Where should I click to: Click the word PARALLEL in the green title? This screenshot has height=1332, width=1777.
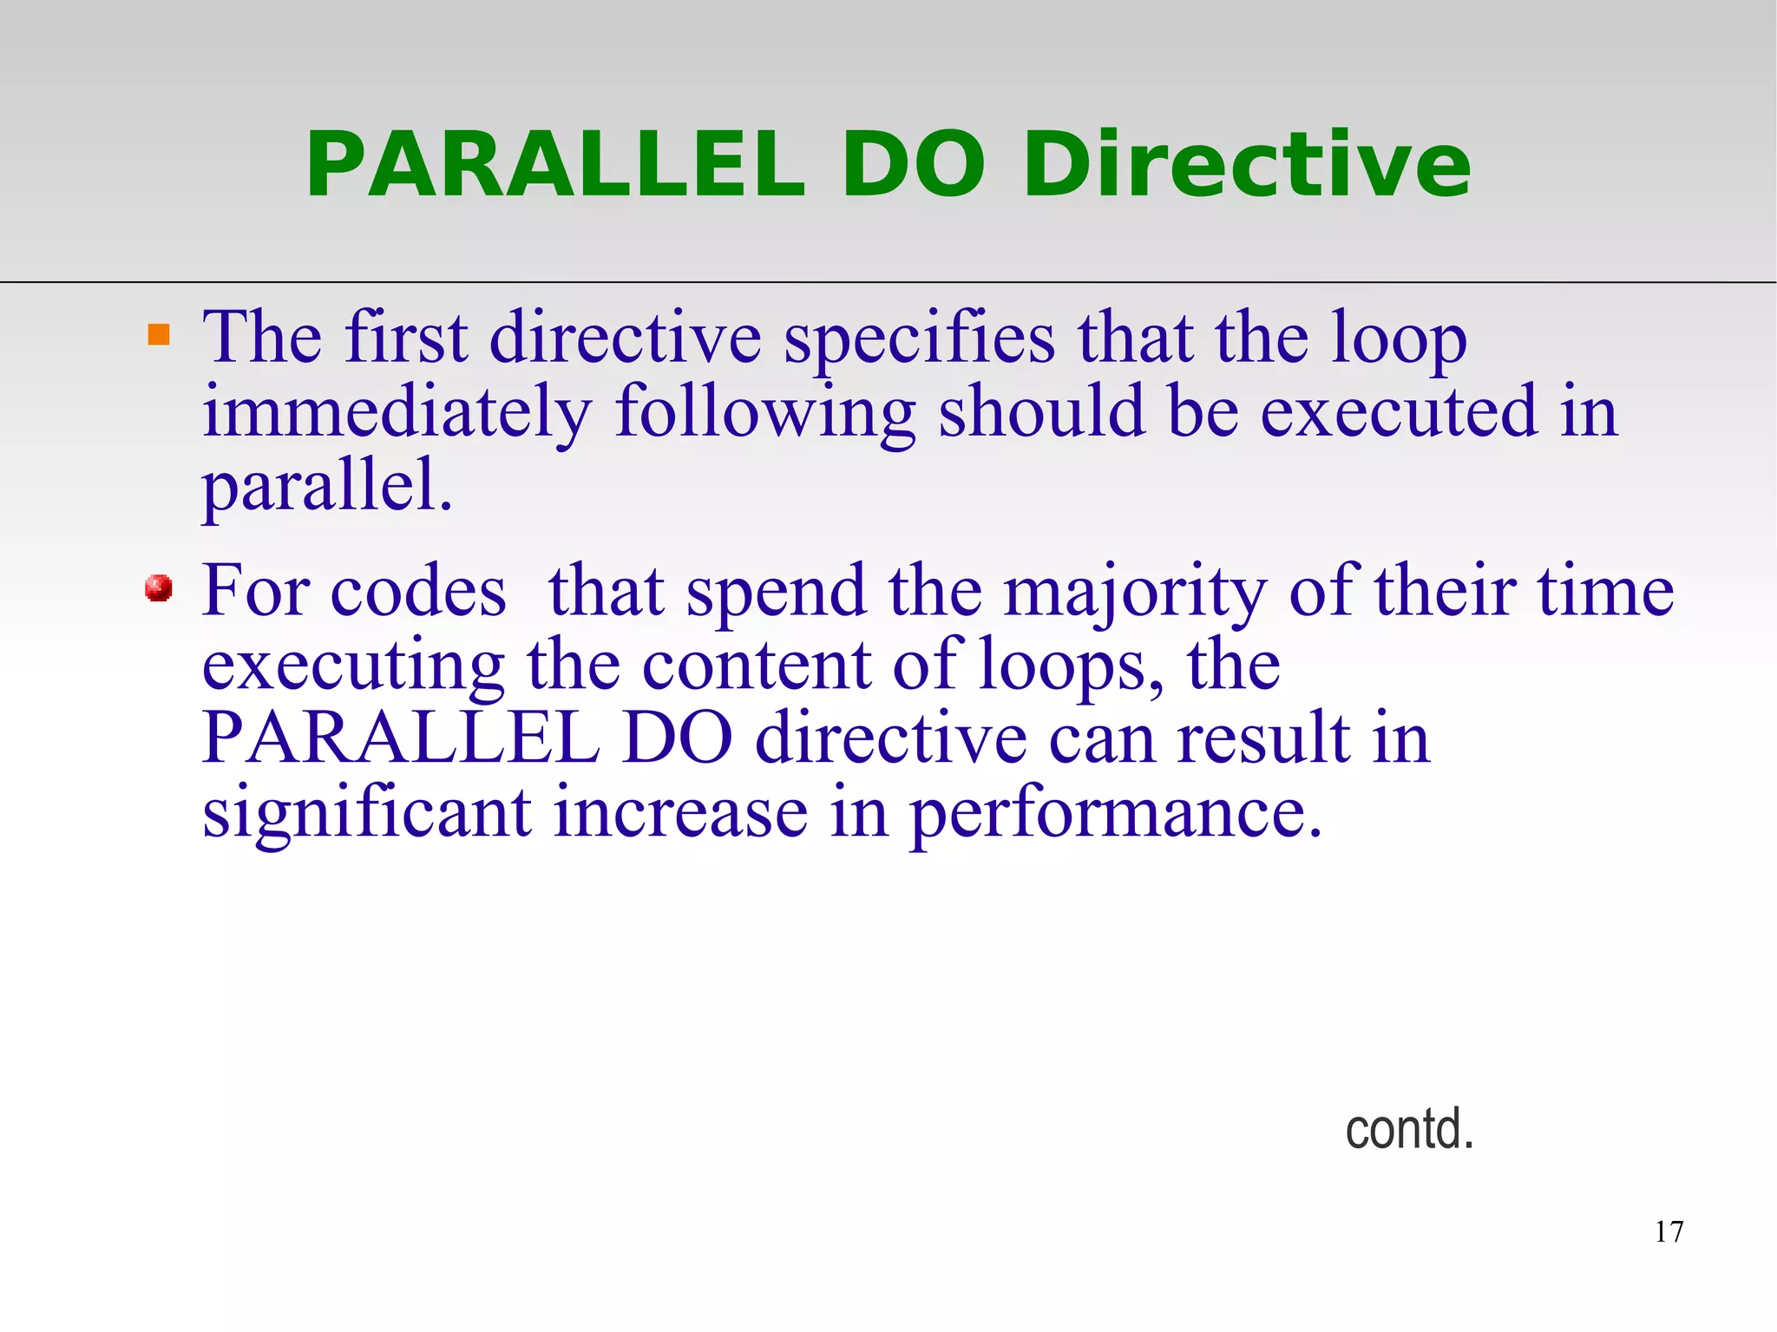pos(555,165)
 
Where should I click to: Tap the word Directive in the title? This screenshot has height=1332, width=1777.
pos(1246,165)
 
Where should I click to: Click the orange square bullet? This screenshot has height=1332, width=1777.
pos(159,335)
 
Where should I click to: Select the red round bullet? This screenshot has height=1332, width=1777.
pos(159,588)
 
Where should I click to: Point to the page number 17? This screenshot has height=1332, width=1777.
pos(1669,1231)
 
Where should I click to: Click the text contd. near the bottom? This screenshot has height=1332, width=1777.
pos(1409,1129)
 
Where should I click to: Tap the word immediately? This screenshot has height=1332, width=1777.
pos(397,413)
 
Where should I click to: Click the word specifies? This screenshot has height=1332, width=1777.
pos(919,340)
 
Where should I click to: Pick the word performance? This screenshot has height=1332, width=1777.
pos(1116,816)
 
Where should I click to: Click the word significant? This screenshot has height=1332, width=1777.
pos(367,816)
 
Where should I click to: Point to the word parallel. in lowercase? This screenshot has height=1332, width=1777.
pos(327,488)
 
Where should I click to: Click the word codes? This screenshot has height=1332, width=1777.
pos(418,592)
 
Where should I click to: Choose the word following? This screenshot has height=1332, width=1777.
pos(764,413)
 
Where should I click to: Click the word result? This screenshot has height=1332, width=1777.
pos(1263,739)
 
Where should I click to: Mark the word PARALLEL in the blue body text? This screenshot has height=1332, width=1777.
pos(401,739)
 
